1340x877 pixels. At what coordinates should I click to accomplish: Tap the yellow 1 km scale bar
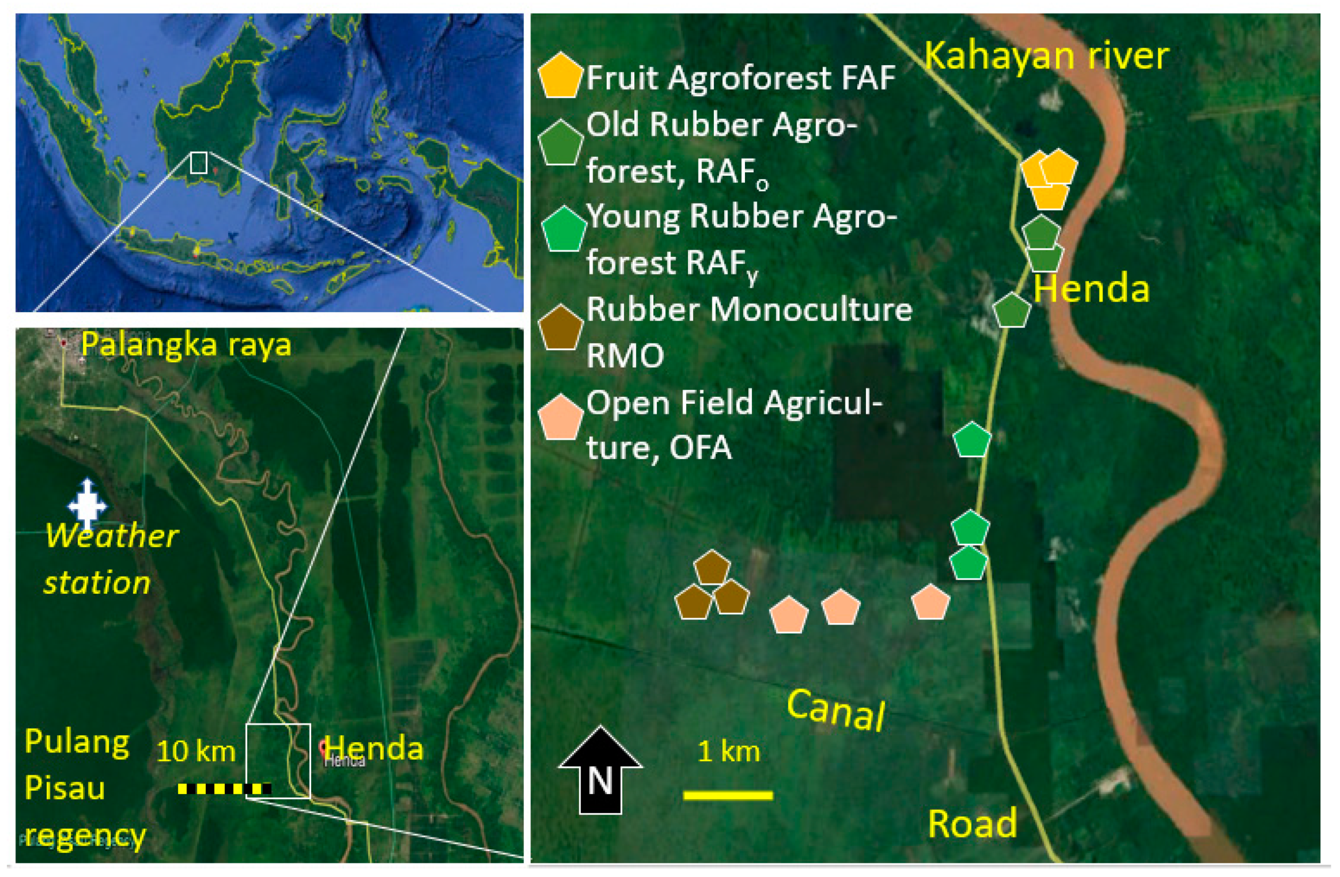tap(728, 796)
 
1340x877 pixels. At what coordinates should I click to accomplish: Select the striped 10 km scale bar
tap(224, 789)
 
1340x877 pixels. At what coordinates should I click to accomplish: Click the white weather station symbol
tap(87, 504)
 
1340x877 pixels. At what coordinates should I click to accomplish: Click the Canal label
tap(836, 710)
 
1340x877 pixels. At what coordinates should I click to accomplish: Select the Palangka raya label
tap(186, 345)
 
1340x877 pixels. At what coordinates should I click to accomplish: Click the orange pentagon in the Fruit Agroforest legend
tap(560, 77)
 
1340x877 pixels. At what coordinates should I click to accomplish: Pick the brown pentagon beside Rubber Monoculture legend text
tap(560, 328)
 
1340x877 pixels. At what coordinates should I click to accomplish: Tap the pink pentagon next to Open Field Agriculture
tap(560, 418)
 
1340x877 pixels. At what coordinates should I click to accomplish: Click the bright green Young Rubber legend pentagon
tap(564, 230)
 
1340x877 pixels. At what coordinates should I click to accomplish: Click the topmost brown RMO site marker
tap(712, 568)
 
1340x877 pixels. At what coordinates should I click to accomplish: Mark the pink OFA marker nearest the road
tap(931, 602)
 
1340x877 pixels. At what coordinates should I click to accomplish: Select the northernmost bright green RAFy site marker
tap(972, 440)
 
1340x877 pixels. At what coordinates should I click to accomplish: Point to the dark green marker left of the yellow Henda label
tap(1011, 311)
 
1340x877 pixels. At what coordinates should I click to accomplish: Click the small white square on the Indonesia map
tap(199, 163)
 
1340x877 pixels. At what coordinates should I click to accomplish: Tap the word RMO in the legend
tap(625, 356)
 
